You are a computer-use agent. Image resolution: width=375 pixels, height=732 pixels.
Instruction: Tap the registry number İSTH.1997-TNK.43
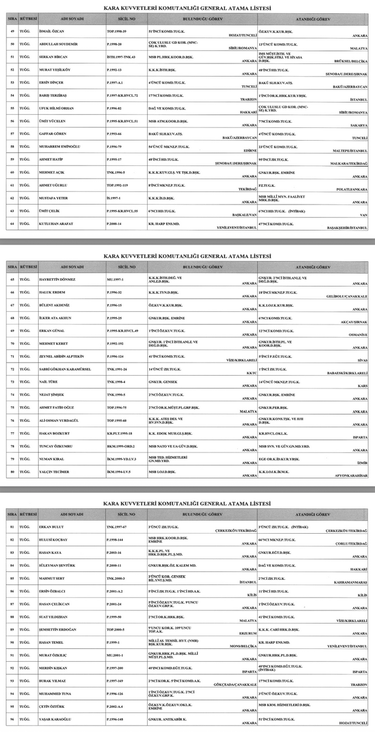(x=121, y=56)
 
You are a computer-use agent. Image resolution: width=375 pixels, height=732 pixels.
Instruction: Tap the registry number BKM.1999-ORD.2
(x=120, y=445)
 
